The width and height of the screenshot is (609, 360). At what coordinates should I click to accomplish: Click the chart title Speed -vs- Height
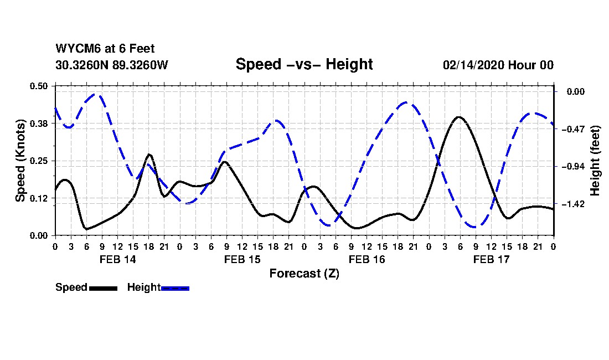pos(304,64)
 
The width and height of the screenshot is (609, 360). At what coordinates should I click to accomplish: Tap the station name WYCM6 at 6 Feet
pos(105,49)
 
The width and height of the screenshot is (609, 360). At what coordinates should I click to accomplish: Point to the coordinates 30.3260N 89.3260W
pos(112,65)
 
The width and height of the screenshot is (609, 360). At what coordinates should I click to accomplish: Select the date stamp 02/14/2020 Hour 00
pos(498,65)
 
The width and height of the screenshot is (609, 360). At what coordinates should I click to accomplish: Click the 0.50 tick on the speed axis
pos(38,86)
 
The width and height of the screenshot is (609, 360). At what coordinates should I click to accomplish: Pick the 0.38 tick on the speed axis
pos(38,124)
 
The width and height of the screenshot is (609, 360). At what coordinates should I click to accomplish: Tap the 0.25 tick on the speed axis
pos(38,161)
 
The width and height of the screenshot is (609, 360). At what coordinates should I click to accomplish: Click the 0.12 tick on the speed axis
pos(38,198)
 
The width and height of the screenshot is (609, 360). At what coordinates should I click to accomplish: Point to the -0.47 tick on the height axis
pos(573,129)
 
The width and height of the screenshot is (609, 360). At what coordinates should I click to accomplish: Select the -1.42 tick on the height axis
pos(573,204)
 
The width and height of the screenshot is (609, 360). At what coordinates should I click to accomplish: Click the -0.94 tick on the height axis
pos(573,167)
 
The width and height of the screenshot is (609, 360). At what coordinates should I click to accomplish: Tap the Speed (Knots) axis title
pos(20,161)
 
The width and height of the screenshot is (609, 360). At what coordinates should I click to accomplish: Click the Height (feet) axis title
pos(595,161)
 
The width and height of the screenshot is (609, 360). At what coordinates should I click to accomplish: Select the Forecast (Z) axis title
pos(304,274)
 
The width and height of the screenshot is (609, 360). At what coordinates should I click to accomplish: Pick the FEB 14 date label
pos(118,260)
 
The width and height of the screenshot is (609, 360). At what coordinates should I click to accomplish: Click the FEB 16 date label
pos(367,260)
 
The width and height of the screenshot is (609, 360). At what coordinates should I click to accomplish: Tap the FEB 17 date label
pos(491,260)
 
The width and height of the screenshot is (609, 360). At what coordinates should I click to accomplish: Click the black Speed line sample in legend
pos(104,288)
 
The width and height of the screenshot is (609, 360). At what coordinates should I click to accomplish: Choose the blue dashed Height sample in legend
pos(175,288)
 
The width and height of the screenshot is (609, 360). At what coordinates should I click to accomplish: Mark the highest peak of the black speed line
pos(459,116)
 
